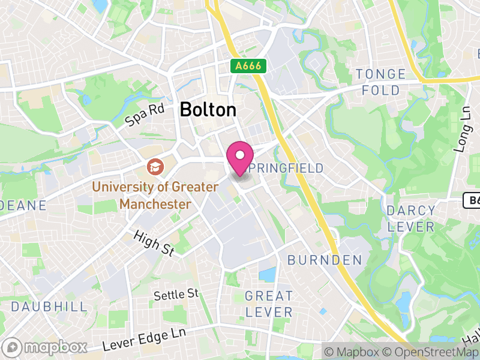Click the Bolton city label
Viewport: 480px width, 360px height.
(x=208, y=110)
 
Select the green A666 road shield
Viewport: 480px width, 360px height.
(x=248, y=67)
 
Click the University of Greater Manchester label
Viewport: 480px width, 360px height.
(x=155, y=196)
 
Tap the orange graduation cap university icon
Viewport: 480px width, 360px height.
(x=155, y=166)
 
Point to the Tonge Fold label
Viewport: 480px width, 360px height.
(x=381, y=82)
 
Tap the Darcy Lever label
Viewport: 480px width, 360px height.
(x=411, y=218)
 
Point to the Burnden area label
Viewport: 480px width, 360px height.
(x=325, y=260)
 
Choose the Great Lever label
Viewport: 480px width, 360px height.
(x=269, y=304)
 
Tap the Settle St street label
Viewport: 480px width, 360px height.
(x=176, y=294)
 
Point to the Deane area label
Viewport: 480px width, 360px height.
(x=23, y=205)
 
